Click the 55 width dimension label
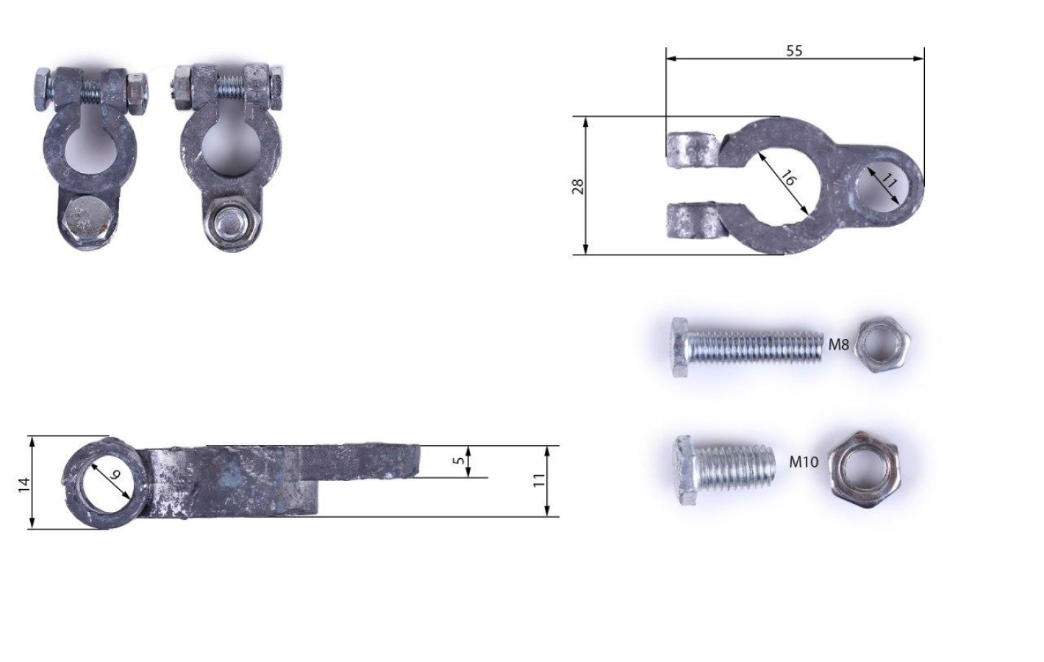(x=794, y=50)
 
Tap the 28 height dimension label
(x=578, y=187)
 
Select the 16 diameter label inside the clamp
(x=787, y=179)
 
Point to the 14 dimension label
(x=24, y=485)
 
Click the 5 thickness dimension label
(x=459, y=460)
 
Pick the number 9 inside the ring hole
(x=115, y=475)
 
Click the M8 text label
(x=838, y=345)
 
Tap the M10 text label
(x=804, y=462)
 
